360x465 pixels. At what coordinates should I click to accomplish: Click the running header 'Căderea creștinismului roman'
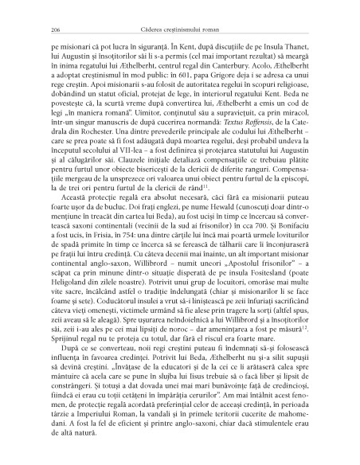click(179, 29)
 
